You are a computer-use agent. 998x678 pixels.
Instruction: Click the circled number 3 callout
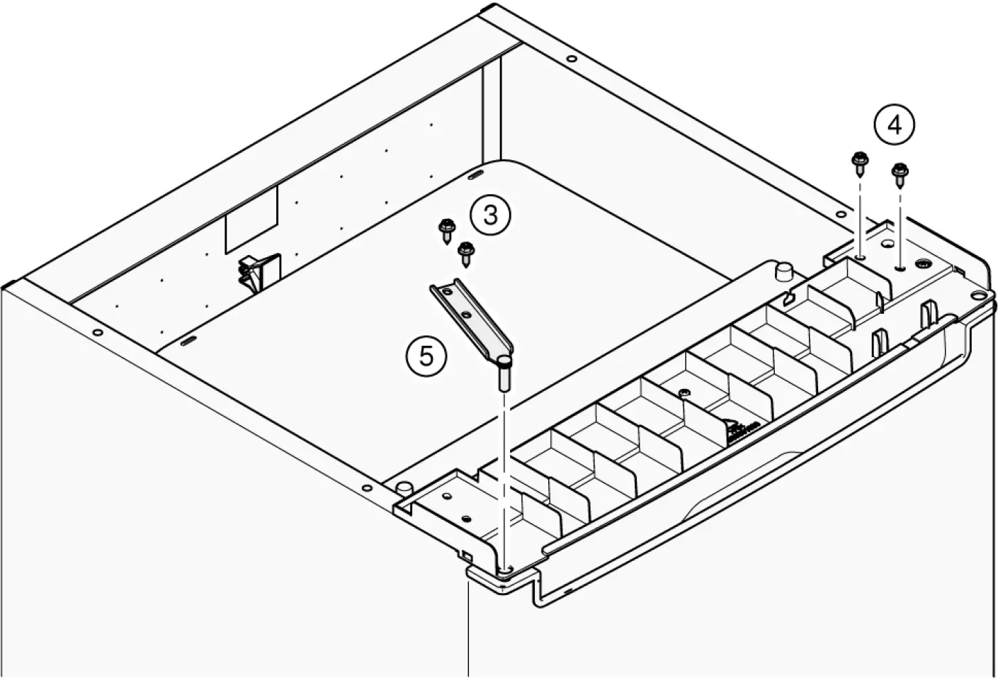491,214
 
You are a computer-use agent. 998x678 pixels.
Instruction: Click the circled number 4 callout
894,125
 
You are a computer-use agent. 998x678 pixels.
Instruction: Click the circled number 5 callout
426,355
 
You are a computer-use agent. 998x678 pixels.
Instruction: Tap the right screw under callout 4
900,174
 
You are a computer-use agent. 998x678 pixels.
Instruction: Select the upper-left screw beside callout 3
446,228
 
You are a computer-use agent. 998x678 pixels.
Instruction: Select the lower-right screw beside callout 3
466,251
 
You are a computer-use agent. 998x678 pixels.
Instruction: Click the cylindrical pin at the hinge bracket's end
504,373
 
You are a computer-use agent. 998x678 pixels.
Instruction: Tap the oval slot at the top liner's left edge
187,342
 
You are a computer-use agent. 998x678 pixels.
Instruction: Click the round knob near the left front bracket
404,487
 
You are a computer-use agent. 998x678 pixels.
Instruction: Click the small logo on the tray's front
742,428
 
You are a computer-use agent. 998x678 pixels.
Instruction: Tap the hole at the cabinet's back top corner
572,59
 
